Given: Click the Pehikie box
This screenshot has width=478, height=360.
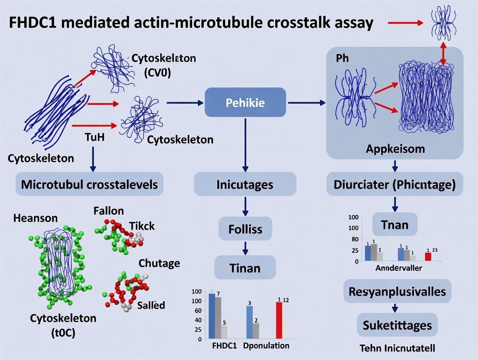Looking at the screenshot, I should pyautogui.click(x=245, y=103).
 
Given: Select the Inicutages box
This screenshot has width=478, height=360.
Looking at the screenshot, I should pyautogui.click(x=245, y=184).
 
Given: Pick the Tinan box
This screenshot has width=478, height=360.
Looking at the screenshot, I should pyautogui.click(x=245, y=267).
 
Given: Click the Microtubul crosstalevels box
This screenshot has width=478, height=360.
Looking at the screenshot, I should pyautogui.click(x=90, y=184).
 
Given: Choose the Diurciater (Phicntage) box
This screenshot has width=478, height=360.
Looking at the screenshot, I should pyautogui.click(x=394, y=184).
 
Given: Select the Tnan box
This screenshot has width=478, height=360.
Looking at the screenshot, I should pyautogui.click(x=394, y=225).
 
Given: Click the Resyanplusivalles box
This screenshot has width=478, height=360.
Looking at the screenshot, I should pyautogui.click(x=397, y=291).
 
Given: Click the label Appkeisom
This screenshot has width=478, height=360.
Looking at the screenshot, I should pyautogui.click(x=395, y=149).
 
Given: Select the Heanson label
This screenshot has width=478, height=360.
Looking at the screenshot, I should pyautogui.click(x=36, y=218).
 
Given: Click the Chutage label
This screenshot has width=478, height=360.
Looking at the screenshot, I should pyautogui.click(x=159, y=263).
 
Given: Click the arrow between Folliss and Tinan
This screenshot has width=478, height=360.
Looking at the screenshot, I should pyautogui.click(x=245, y=247).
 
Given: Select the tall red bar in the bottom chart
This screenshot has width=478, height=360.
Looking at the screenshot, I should pyautogui.click(x=279, y=320).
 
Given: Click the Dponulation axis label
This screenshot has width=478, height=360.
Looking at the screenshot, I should pyautogui.click(x=266, y=346).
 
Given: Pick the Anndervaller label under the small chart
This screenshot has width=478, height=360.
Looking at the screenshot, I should pyautogui.click(x=398, y=268).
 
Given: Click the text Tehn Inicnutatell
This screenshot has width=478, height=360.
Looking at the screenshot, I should pyautogui.click(x=397, y=347).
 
